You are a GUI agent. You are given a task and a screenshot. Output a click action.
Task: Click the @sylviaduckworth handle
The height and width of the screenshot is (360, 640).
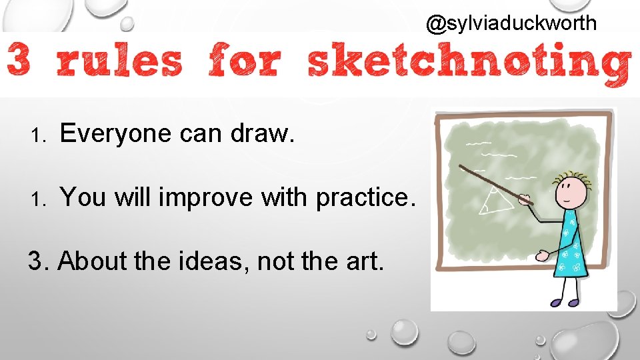pos(511,24)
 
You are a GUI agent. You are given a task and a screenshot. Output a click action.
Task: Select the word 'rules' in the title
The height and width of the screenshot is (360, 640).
pos(119,62)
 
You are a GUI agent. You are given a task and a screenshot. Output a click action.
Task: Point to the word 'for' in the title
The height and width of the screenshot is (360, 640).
pos(244,62)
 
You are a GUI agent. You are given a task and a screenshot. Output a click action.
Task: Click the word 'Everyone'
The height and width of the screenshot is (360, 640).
pos(116,135)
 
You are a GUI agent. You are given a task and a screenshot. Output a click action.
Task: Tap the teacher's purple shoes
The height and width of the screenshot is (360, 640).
pos(564,302)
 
